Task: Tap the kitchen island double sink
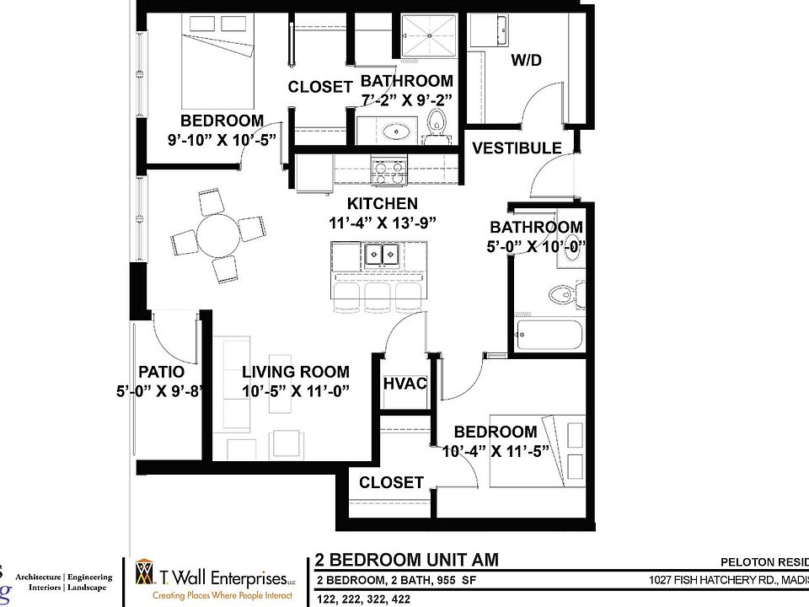(382, 255)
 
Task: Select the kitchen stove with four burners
(390, 172)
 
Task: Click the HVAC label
(404, 384)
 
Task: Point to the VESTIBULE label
(516, 148)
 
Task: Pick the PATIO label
(161, 372)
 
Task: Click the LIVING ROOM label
(295, 372)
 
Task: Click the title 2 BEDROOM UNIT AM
(406, 560)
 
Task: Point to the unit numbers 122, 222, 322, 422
(364, 598)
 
